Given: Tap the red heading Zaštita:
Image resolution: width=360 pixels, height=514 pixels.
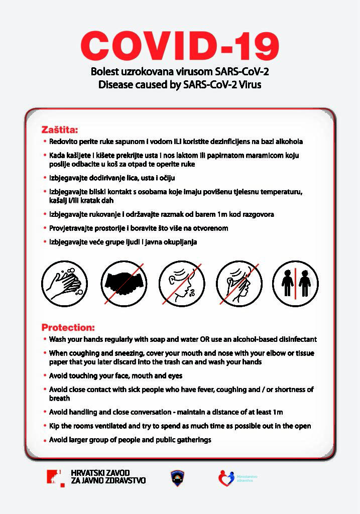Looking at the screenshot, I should point(60,129).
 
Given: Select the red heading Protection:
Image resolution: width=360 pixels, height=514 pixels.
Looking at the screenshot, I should point(68,327).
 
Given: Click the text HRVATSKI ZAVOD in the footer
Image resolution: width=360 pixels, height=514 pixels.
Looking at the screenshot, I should point(100,473).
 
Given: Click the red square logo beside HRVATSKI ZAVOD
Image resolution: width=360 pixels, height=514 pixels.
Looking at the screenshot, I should point(55,477).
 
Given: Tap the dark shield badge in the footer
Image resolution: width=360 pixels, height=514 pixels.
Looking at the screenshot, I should point(178,478).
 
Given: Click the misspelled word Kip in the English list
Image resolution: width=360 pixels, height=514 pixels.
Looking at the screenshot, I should point(55,426).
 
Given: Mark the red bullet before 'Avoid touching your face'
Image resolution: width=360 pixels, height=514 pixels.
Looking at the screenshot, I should point(45,375).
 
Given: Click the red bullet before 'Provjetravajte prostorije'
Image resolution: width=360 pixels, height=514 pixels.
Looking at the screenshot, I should point(45,228).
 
